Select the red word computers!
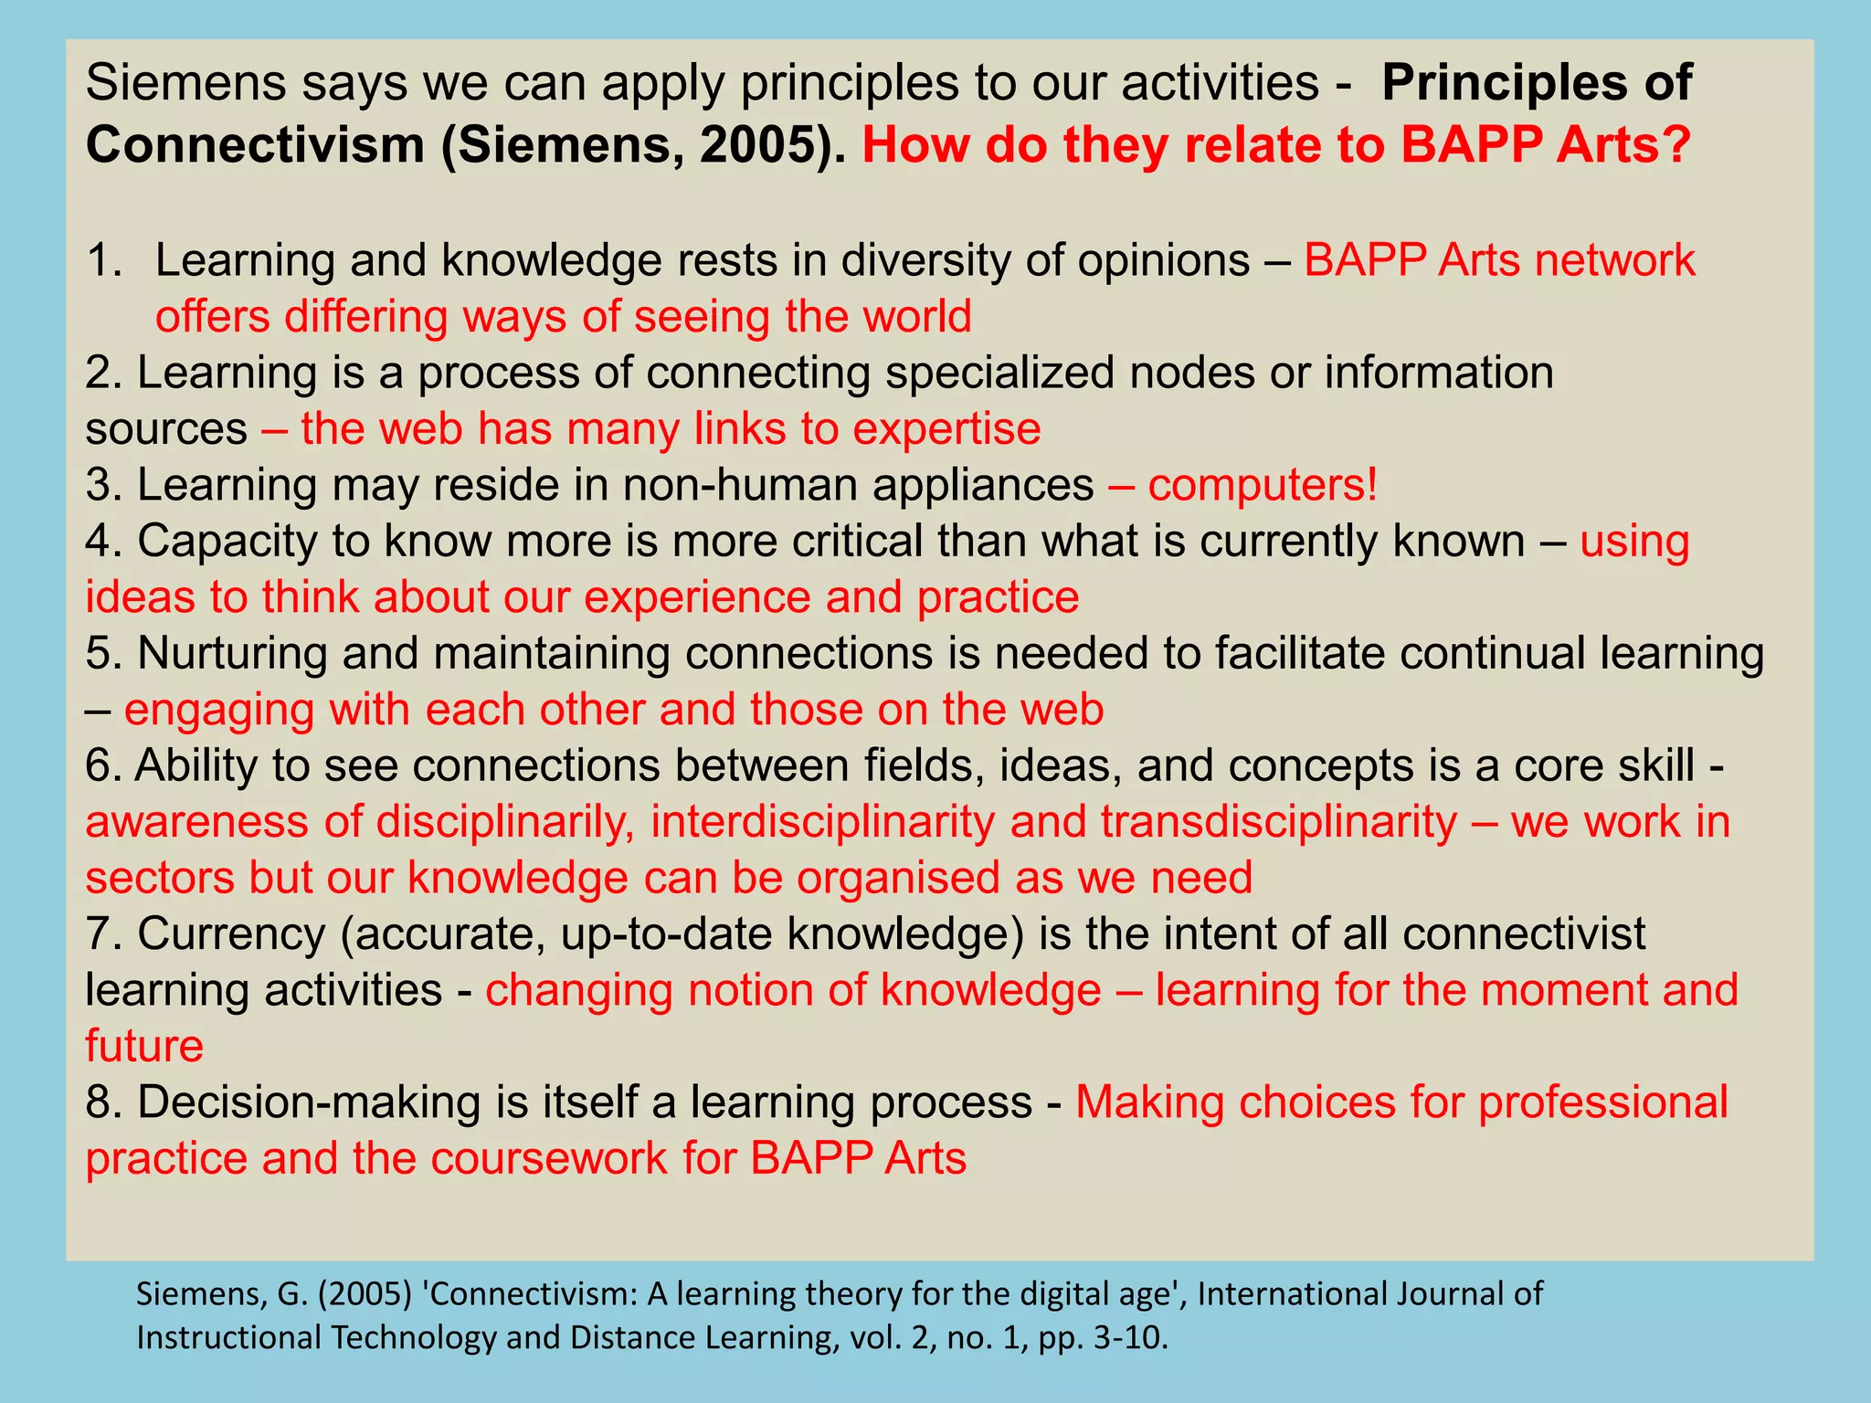1263,485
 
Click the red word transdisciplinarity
1279,822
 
